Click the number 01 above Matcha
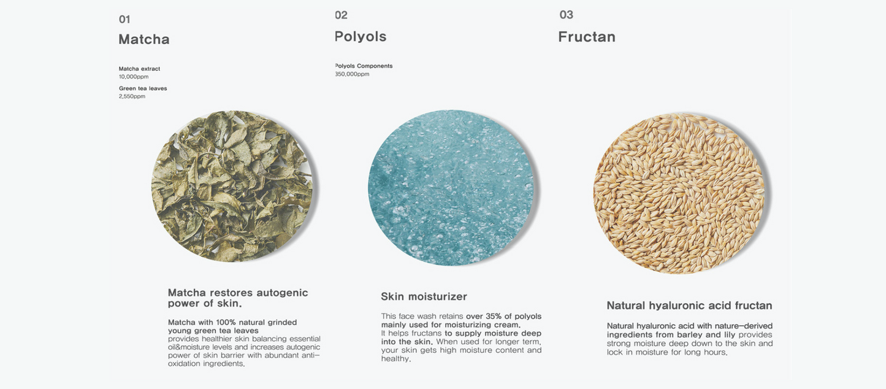tap(124, 20)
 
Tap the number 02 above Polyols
tap(341, 15)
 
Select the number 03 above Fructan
tap(566, 15)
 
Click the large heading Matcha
tap(144, 39)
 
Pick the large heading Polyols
tap(361, 36)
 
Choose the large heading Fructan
tap(587, 37)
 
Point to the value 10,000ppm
tap(134, 77)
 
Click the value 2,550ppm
tap(132, 96)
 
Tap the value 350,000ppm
tap(352, 74)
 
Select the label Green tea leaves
tap(143, 88)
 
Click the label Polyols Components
tap(364, 66)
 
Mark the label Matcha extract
tap(139, 69)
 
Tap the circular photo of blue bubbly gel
tap(451, 188)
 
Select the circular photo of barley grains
tap(679, 193)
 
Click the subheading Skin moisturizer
tap(424, 297)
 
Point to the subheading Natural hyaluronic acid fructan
tap(689, 306)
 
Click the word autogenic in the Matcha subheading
tap(282, 293)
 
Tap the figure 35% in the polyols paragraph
tap(494, 317)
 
